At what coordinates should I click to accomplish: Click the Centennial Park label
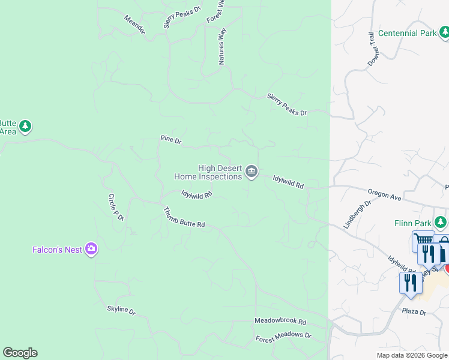coord(408,33)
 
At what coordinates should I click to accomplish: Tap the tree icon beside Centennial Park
coord(444,33)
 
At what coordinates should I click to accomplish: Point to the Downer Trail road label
coord(372,50)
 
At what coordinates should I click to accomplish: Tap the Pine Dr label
coord(171,140)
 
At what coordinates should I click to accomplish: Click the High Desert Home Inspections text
coord(208,173)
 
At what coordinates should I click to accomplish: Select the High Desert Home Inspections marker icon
coord(252,173)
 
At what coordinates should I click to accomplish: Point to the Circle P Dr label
coord(116,207)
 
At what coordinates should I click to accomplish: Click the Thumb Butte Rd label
coord(184,217)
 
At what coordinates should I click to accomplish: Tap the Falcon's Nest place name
coord(57,250)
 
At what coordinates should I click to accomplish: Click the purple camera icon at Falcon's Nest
coord(91,249)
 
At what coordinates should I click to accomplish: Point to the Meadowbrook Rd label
coord(280,322)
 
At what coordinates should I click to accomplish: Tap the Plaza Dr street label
coord(414,313)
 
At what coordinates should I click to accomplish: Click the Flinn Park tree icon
coord(441,223)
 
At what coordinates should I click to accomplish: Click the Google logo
coord(20,353)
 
